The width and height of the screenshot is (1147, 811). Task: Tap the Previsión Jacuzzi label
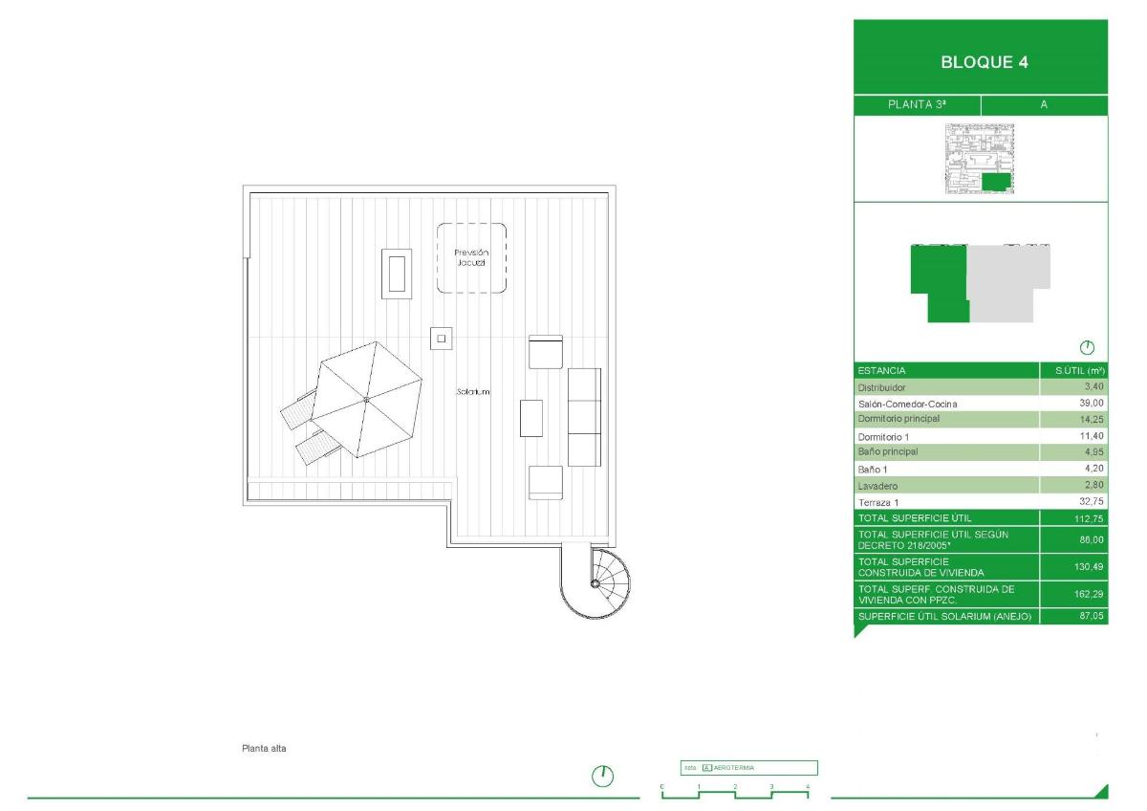click(471, 256)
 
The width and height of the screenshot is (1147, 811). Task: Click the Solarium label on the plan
click(473, 392)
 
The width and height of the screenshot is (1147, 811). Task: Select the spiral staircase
click(595, 582)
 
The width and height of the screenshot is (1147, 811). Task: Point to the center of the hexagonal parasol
click(366, 400)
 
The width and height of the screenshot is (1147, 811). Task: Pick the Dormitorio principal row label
click(898, 419)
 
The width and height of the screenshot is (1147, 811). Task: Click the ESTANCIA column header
click(881, 370)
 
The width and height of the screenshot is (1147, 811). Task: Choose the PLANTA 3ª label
click(917, 105)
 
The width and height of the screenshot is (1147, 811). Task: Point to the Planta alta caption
click(265, 749)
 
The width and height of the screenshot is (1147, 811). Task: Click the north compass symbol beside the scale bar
click(603, 776)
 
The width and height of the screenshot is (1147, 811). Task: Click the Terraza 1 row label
click(878, 502)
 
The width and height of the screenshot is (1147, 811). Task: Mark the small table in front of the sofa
click(531, 418)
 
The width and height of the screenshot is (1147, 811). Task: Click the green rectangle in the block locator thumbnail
click(996, 182)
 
